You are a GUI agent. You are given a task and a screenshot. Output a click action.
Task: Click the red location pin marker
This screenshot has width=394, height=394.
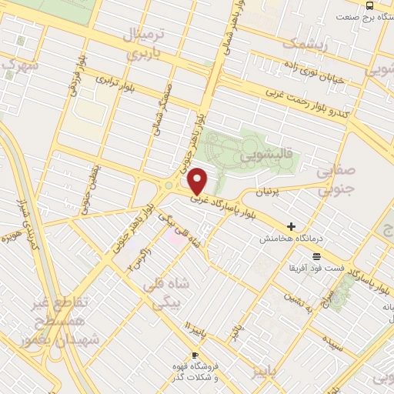(x=199, y=181)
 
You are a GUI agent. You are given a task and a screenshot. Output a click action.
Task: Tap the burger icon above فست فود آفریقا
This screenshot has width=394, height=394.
(x=317, y=256)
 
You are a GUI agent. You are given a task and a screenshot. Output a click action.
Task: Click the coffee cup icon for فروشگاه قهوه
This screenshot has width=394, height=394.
(x=195, y=355)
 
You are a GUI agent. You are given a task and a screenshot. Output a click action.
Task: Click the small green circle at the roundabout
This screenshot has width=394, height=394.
(x=169, y=185)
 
